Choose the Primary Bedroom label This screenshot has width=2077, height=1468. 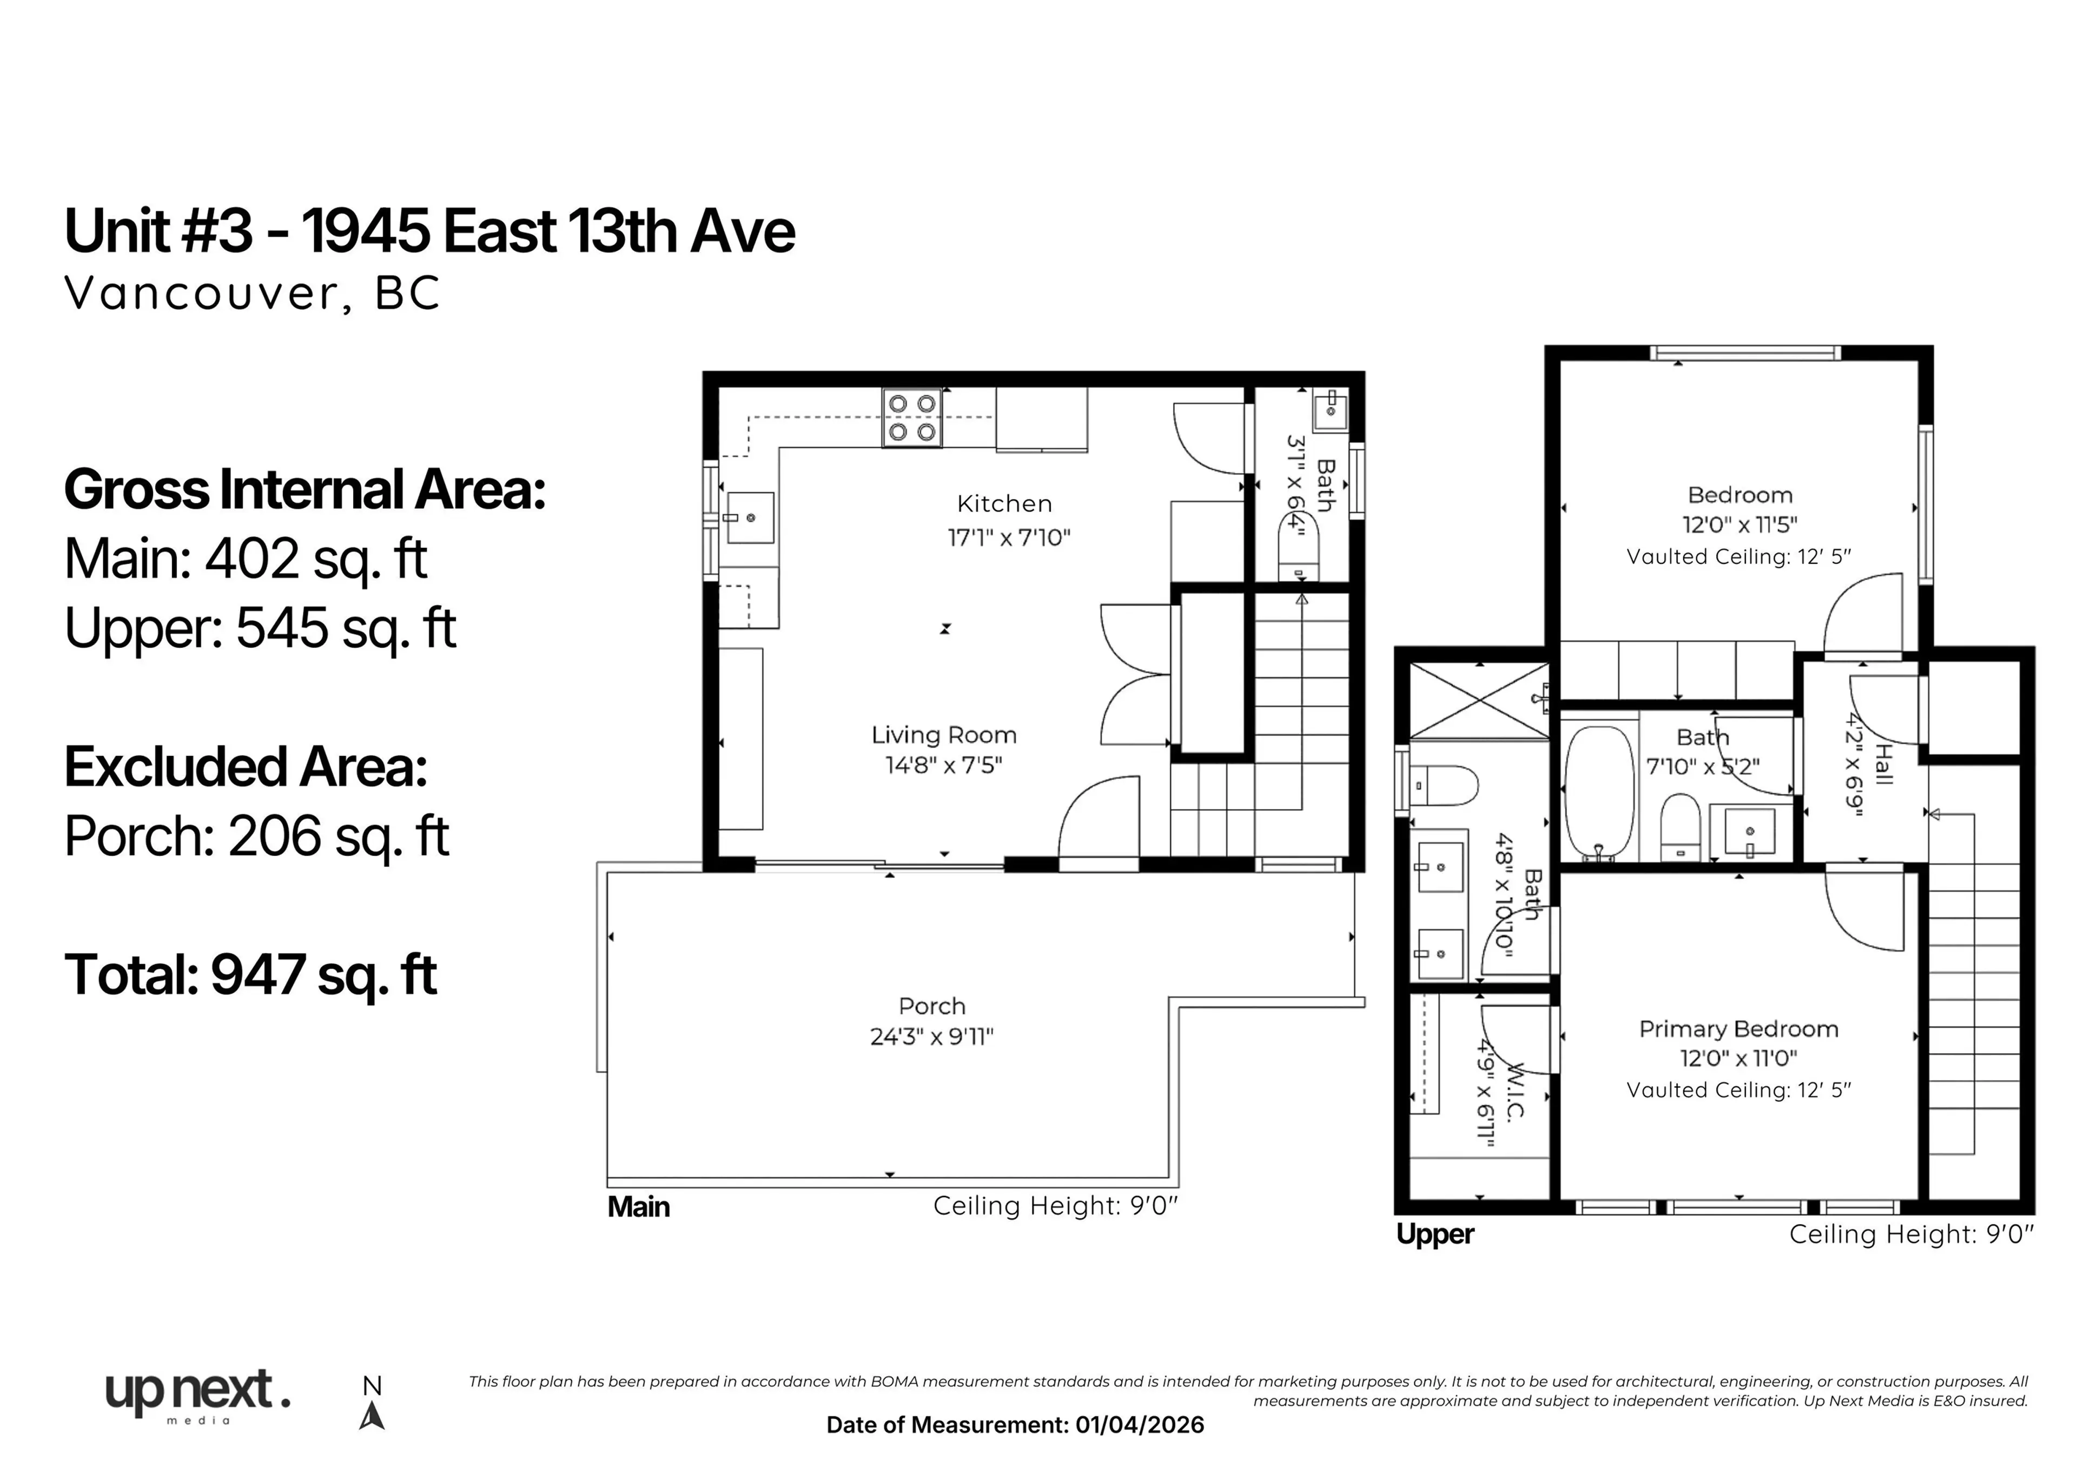[1738, 1029]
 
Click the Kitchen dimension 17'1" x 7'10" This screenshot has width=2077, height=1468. [1009, 538]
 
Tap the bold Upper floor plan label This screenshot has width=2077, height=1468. [1435, 1234]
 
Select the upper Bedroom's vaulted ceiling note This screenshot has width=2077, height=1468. [1738, 557]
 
